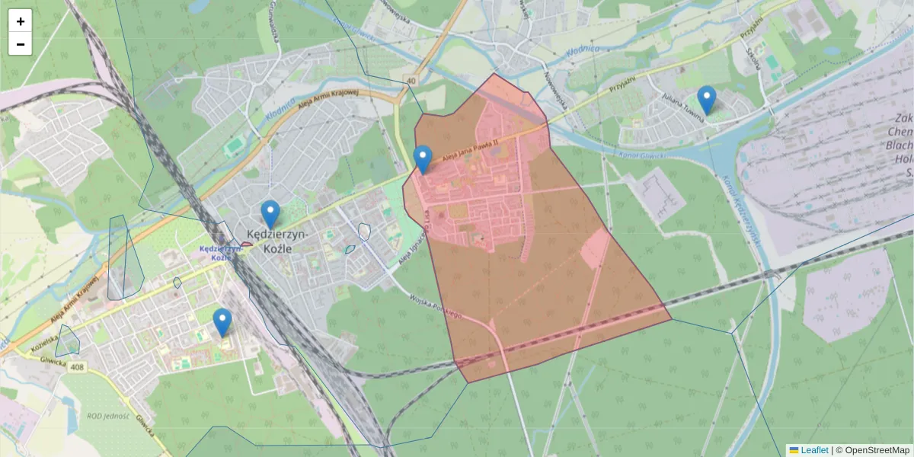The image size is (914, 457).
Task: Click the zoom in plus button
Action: click(21, 21)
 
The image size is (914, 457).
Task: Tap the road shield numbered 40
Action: click(411, 80)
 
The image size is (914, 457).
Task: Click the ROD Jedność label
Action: click(107, 415)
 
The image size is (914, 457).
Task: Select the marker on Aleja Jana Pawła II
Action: click(423, 159)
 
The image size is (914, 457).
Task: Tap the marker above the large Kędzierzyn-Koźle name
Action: click(270, 214)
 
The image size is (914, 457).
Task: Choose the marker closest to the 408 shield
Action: click(222, 322)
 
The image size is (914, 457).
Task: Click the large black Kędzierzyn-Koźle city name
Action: click(277, 241)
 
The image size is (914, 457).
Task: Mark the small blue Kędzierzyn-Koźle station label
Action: click(216, 253)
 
